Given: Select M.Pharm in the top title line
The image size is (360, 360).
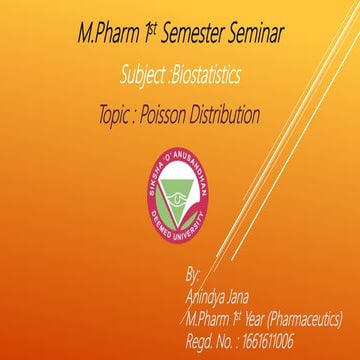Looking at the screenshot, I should pos(107,36).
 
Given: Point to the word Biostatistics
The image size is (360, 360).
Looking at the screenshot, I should pos(213,75).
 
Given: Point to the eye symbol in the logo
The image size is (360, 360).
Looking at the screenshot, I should pos(180,188).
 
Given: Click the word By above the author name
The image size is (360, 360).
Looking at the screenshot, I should pos(194,273).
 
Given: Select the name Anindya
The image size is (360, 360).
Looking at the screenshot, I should pos(209,296).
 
